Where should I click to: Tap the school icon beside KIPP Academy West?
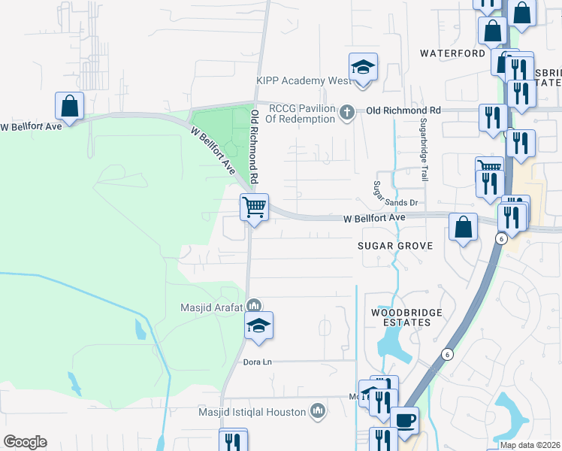[363, 68]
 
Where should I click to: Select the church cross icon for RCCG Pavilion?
[346, 113]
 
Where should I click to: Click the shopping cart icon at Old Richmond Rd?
[254, 206]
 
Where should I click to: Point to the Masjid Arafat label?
[211, 307]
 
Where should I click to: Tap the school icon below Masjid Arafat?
[258, 325]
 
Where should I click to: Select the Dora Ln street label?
[257, 362]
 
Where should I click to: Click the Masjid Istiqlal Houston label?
[242, 412]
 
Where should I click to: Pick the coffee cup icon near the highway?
[405, 420]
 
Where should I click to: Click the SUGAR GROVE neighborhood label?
[394, 246]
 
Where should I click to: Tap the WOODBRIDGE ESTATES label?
[401, 317]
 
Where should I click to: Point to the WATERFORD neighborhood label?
[452, 54]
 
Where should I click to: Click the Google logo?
[25, 442]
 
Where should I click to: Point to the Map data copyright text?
[530, 445]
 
